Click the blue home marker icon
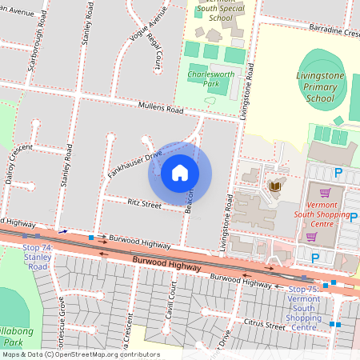(x=180, y=173)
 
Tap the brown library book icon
(x=276, y=186)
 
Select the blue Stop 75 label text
(x=303, y=309)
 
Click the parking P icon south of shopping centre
(x=314, y=258)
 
